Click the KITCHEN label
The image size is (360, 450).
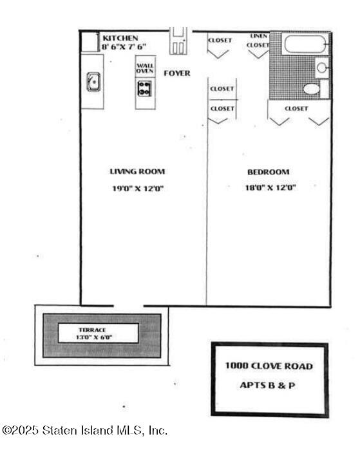coord(120,39)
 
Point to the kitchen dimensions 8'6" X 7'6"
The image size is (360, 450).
coord(124,46)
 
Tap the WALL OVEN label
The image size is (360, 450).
coord(145,68)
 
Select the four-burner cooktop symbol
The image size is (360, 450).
coord(144,88)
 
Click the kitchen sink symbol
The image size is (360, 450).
coord(93,82)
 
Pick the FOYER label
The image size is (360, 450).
coord(176,73)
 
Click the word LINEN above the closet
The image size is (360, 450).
coord(259,37)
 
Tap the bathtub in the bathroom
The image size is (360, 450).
coord(306,44)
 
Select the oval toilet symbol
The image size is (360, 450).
coord(312,89)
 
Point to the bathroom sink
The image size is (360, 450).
coord(322,67)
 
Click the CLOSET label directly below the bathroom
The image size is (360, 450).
coord(296,109)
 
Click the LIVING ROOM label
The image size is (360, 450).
coord(137,172)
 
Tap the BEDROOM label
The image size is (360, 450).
coord(268,172)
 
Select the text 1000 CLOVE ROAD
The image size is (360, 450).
coord(269,366)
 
